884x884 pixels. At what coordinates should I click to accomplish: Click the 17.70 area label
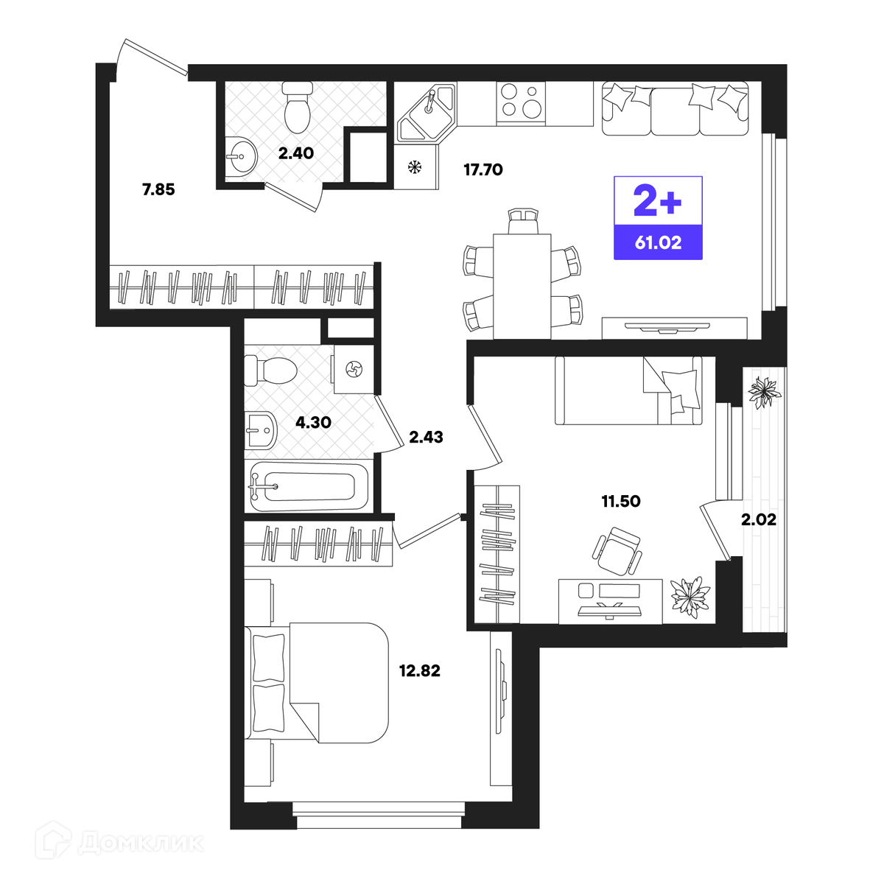483,170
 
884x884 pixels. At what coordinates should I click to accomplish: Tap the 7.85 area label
158,189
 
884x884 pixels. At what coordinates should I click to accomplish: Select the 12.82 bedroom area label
419,670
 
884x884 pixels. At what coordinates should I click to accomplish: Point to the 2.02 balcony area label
759,519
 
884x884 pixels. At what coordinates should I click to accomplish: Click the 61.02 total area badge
658,242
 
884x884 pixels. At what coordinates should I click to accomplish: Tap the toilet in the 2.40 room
298,107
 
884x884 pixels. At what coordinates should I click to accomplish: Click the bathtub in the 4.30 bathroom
309,487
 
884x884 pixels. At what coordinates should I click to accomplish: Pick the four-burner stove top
521,103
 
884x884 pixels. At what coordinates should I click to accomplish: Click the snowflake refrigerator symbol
415,166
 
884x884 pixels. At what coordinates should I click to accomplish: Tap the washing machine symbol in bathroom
354,369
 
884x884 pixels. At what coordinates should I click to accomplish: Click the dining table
522,287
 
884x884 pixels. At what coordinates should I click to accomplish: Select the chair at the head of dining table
523,221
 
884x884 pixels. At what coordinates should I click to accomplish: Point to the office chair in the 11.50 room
617,551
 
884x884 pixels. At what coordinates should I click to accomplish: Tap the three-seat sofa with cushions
676,108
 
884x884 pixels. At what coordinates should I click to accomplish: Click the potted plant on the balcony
764,392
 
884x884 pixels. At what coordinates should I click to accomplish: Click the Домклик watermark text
141,843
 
